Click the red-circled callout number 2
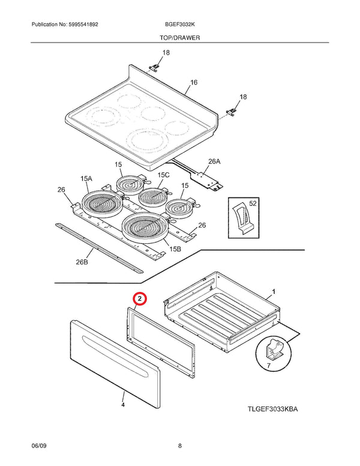[139, 298]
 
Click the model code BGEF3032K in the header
[179, 25]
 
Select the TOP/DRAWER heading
[180, 37]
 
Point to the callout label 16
[194, 82]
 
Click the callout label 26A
[215, 161]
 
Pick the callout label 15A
[86, 178]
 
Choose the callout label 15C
[163, 175]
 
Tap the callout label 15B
[175, 248]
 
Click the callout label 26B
[82, 262]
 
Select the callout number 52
[253, 204]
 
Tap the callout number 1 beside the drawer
[274, 291]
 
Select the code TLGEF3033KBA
[272, 409]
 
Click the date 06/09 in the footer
[39, 445]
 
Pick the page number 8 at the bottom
[180, 445]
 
